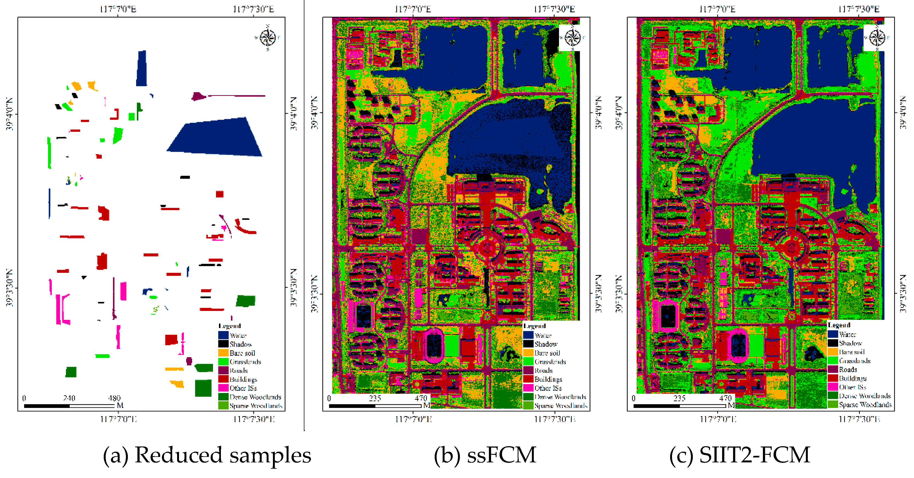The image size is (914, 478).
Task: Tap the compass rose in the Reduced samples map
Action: click(267, 37)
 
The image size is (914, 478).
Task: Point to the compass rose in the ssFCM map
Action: click(572, 37)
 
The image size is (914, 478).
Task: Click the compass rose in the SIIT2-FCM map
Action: click(877, 37)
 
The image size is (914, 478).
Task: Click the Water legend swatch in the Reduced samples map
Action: click(223, 335)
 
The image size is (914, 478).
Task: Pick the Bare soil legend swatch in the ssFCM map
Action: click(528, 353)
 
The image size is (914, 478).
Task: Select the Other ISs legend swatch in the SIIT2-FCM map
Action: click(833, 387)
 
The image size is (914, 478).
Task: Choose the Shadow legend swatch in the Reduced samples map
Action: click(223, 344)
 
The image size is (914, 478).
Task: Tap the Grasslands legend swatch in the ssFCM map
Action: click(528, 362)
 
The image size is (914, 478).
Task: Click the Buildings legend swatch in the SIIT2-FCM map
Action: click(833, 378)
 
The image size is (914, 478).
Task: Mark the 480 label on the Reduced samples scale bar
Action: click(114, 398)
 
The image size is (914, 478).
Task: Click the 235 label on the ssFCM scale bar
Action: click(375, 398)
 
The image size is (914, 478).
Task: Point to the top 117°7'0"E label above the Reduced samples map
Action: click(118, 9)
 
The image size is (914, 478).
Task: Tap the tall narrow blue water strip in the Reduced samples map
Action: click(142, 68)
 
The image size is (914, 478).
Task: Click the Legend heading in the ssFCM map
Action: click(534, 326)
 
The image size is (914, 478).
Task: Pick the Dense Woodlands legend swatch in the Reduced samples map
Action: click(223, 397)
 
